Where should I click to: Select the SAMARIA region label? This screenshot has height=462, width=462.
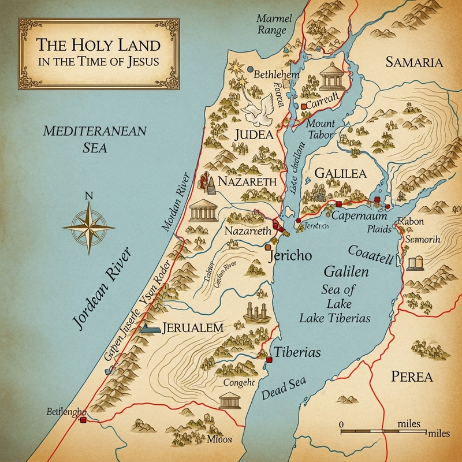point(414,63)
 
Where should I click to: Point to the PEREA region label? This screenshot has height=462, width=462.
point(411,377)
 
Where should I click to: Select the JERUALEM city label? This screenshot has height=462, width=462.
point(193,327)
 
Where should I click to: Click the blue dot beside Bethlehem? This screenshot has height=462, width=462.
point(250,69)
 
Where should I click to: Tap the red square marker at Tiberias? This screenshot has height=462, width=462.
point(269,360)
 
